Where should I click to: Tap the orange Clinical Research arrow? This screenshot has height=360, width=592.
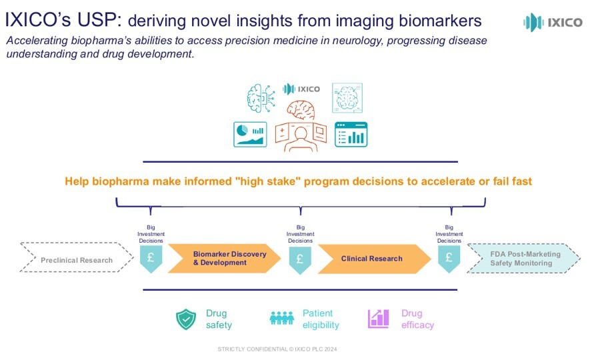[x=372, y=259]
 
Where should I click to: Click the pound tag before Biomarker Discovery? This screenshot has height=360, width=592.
[x=151, y=258]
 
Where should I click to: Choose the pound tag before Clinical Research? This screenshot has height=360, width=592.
[x=300, y=258]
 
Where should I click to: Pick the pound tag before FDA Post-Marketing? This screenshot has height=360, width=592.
[x=449, y=258]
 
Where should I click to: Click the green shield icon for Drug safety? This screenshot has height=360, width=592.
[x=186, y=319]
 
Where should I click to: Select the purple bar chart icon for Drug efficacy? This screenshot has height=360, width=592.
[x=379, y=319]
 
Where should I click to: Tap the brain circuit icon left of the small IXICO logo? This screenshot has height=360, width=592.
[x=261, y=98]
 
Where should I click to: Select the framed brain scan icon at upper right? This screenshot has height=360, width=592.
[x=347, y=97]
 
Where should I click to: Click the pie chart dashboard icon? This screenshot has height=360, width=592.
[x=250, y=133]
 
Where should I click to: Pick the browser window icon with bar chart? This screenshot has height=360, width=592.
[x=351, y=134]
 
